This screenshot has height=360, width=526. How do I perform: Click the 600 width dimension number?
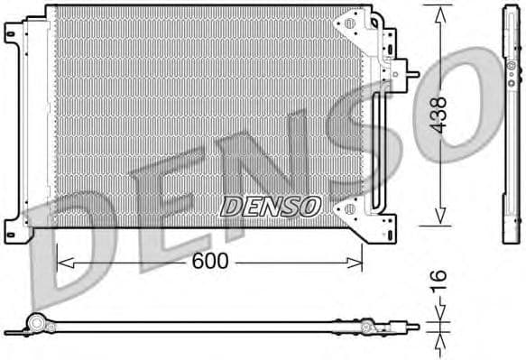coord(208,263)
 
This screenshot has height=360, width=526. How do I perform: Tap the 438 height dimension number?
coord(438,116)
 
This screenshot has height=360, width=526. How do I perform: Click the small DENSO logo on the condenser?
coord(270,206)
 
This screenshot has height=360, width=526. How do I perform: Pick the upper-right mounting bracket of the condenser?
coord(352,27)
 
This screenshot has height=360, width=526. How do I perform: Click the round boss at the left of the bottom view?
coord(36,322)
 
